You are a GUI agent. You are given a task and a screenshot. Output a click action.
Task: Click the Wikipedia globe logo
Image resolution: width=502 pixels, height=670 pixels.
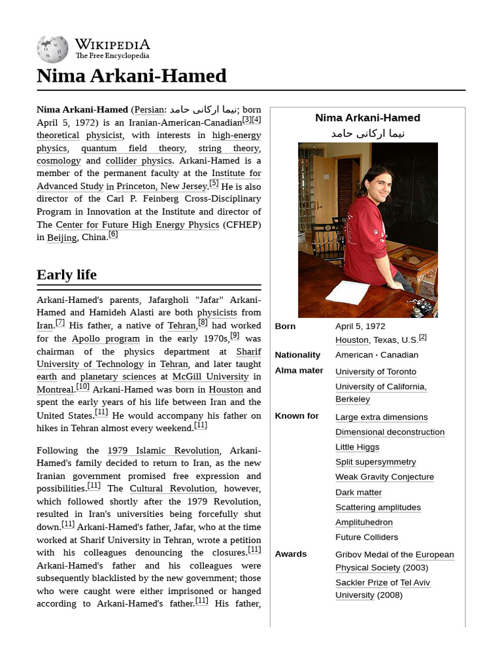click(x=52, y=49)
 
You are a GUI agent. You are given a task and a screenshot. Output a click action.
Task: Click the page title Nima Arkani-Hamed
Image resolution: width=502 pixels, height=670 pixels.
click(x=131, y=76)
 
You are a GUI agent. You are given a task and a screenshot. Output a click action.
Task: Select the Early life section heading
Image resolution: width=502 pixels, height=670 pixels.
click(x=67, y=274)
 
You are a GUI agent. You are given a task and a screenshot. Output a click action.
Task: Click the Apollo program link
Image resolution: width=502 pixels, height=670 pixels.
click(x=105, y=339)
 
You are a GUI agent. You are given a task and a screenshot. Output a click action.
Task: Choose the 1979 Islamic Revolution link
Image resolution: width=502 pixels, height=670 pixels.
click(x=163, y=451)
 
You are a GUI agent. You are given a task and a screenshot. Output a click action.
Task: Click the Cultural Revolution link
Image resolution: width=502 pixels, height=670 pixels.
click(x=172, y=489)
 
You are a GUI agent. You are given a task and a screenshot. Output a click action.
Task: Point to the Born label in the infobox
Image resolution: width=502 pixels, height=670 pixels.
click(x=285, y=326)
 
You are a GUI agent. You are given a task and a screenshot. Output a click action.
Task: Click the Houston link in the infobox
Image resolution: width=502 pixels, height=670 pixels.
click(x=352, y=340)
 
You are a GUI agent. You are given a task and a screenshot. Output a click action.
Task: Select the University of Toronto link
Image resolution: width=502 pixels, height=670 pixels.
click(x=375, y=372)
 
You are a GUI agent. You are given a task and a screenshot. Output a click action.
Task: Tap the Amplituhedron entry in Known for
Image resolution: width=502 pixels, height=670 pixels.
click(x=363, y=522)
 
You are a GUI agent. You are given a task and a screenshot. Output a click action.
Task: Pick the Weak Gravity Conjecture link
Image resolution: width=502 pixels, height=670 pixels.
click(x=384, y=477)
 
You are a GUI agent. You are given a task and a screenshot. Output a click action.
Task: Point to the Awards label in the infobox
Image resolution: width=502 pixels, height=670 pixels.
click(x=290, y=554)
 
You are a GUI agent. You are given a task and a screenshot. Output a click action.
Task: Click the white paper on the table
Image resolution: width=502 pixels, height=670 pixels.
click(x=348, y=292)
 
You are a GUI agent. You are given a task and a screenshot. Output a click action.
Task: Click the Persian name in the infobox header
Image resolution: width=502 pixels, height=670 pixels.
click(x=367, y=133)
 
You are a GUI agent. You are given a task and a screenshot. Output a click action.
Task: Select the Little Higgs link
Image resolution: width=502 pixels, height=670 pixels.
click(x=357, y=447)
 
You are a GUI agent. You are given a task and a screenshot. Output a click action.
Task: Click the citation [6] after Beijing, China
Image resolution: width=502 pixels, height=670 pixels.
click(x=113, y=234)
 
